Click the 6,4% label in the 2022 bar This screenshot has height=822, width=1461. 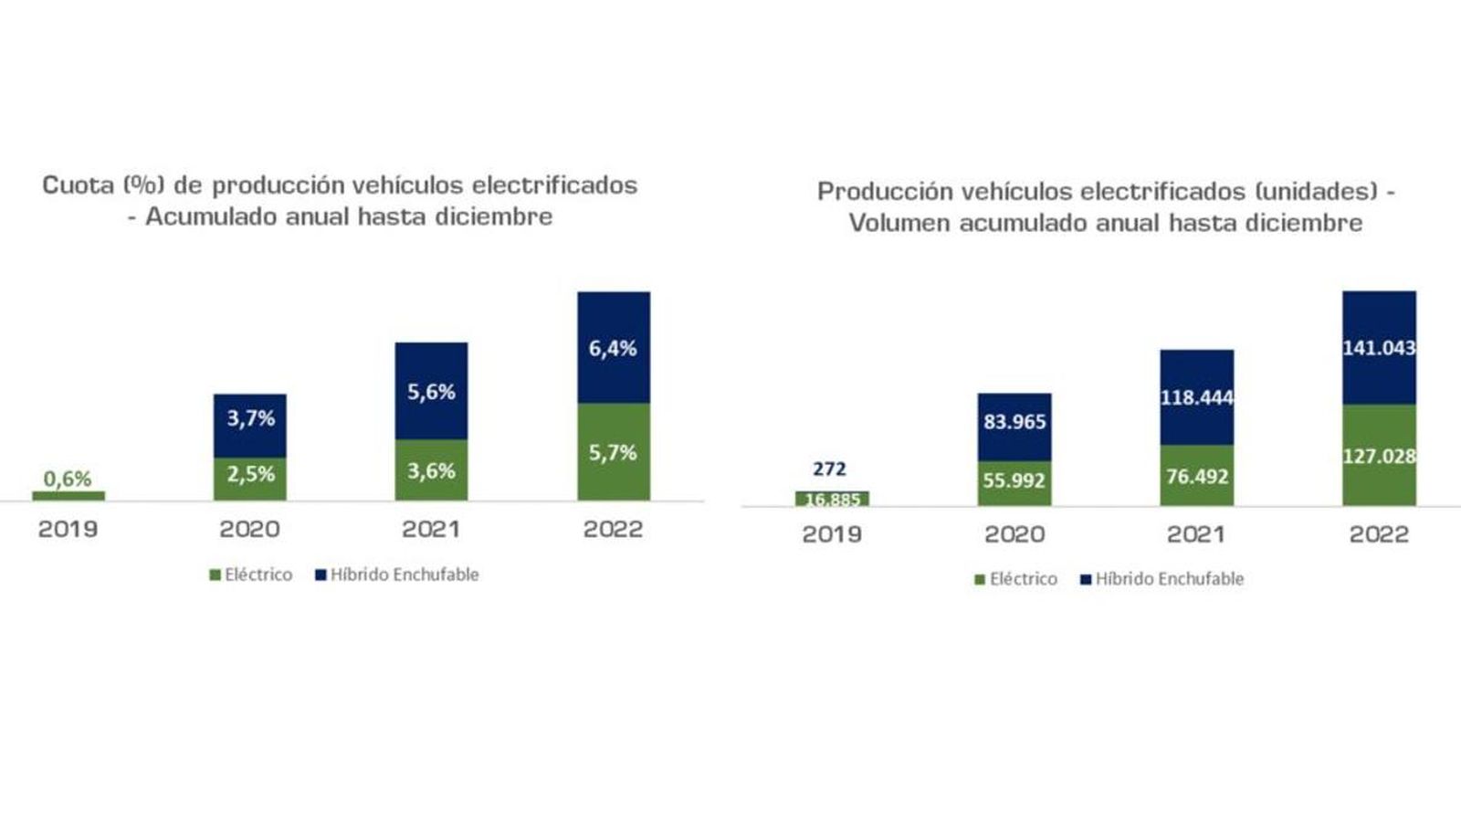click(613, 348)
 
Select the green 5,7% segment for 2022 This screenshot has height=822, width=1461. click(613, 452)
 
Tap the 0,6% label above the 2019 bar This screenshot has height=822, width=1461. click(68, 479)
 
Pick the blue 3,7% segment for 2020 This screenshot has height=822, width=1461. click(250, 425)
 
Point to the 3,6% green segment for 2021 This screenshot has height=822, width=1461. click(431, 470)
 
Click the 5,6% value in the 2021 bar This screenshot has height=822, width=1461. click(431, 392)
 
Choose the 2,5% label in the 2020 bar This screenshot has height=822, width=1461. click(250, 474)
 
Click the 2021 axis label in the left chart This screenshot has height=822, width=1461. click(431, 529)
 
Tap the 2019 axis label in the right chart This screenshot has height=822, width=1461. click(831, 534)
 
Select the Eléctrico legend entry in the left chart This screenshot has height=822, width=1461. click(251, 574)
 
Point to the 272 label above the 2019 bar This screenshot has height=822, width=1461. click(829, 469)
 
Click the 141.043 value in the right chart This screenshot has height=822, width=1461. click(1379, 348)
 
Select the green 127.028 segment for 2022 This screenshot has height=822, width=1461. click(1379, 456)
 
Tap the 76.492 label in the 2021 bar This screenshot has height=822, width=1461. click(1197, 477)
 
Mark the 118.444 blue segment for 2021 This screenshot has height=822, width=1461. click(1197, 397)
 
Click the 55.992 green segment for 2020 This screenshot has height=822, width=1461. click(1014, 480)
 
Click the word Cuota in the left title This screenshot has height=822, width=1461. click(79, 185)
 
